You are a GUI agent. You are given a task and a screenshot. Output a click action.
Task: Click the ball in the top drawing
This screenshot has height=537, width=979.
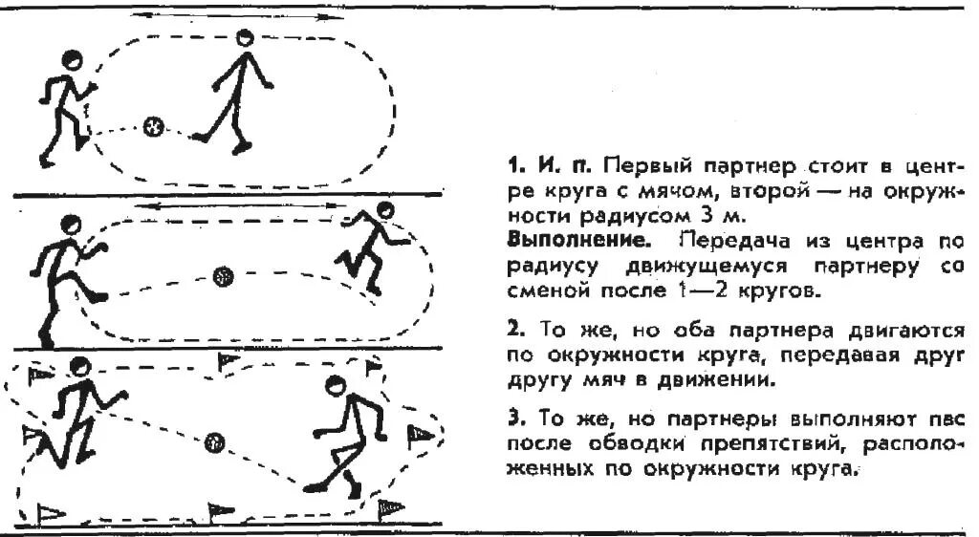153,126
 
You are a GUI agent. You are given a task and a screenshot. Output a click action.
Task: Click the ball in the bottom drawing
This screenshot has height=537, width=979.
215,441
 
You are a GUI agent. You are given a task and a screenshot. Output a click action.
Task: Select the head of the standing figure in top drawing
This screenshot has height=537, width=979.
246,39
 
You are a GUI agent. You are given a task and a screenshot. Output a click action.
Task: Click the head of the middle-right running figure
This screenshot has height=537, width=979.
384,210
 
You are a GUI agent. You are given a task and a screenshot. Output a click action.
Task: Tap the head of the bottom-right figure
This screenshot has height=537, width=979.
334,386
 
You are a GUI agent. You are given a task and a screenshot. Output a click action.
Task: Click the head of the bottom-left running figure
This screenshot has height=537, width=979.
81,365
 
